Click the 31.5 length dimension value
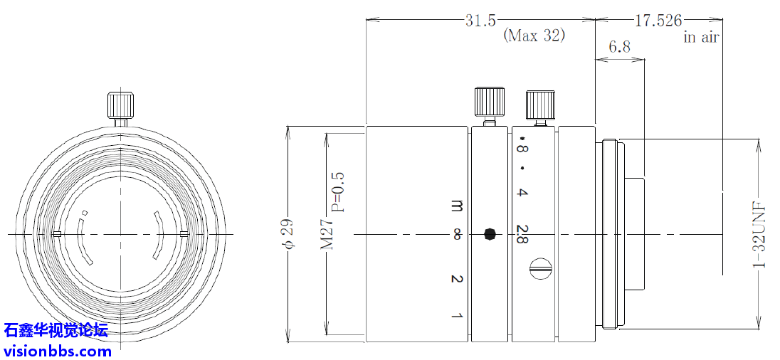[480, 21]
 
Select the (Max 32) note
[534, 36]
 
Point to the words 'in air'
[701, 38]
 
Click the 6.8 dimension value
[619, 48]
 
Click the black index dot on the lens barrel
[490, 233]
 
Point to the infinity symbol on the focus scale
[457, 233]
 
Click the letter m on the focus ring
[457, 206]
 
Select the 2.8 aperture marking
[522, 234]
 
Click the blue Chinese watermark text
[56, 330]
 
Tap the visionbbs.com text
[58, 350]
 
